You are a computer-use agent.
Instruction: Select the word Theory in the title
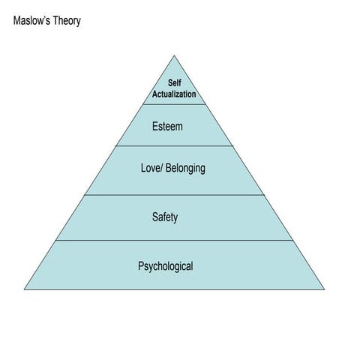coord(66,20)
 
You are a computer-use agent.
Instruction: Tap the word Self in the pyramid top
coord(174,83)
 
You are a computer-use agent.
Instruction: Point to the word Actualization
coord(174,94)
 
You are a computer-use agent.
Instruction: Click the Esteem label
coord(167,126)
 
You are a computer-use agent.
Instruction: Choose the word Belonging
coord(187,168)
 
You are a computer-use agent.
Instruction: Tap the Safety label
coord(165,217)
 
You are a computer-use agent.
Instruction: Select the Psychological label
coord(166,266)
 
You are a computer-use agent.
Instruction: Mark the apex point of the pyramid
coord(174,55)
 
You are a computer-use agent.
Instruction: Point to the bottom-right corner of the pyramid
coord(325,289)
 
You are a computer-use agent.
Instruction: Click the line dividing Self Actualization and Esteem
coord(174,104)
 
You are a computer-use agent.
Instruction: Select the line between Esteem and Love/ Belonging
coord(174,146)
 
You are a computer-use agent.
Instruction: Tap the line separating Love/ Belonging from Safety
coord(174,195)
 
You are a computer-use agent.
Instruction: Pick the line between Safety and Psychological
coord(174,241)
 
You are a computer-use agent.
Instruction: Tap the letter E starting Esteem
coord(154,126)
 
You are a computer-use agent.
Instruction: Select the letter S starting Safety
coord(155,217)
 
